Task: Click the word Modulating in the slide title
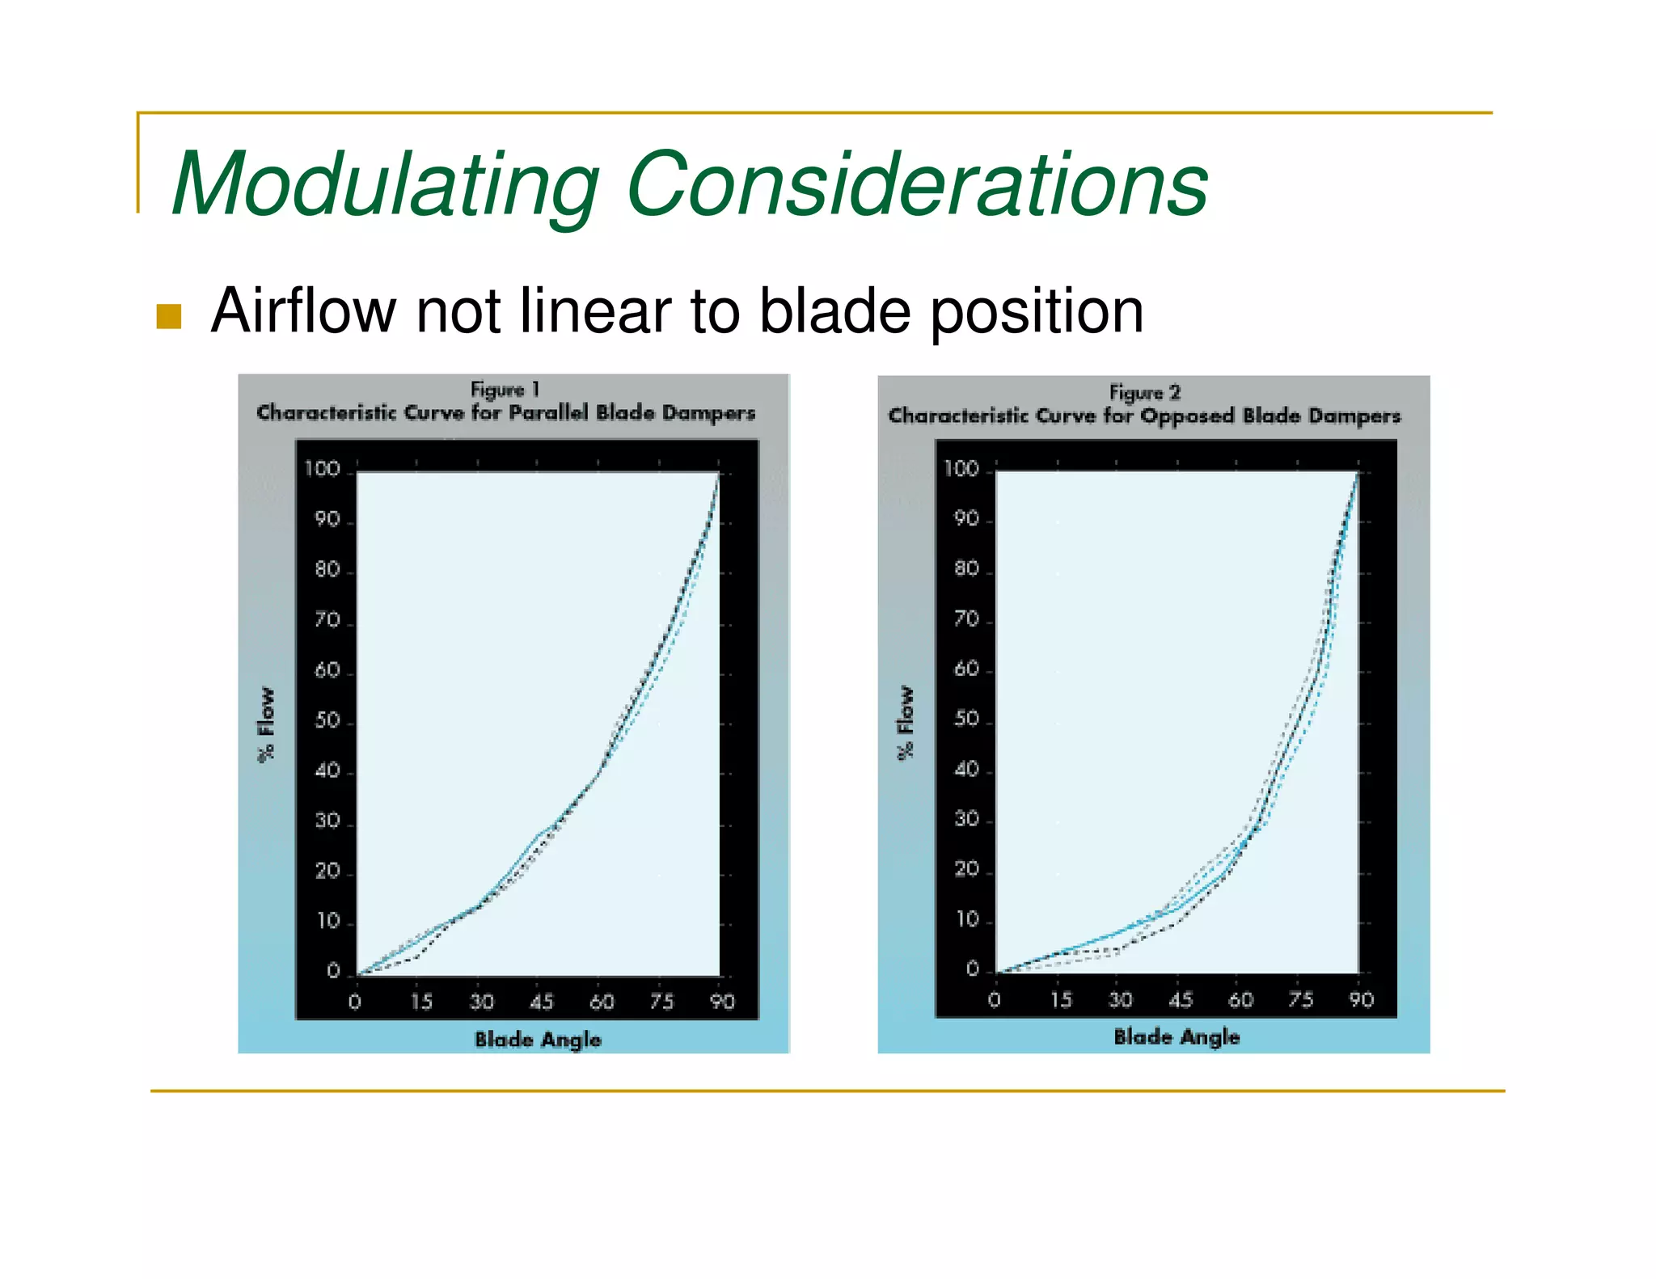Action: [387, 184]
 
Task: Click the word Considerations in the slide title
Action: [916, 184]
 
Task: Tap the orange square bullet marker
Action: [169, 316]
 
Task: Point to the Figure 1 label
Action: [505, 389]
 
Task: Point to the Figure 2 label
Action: [1144, 392]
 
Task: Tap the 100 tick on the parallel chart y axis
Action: [322, 469]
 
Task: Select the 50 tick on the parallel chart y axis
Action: [327, 720]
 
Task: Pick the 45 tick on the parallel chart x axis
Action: [541, 1003]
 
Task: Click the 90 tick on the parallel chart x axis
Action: [722, 1003]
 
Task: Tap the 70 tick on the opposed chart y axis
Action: [966, 619]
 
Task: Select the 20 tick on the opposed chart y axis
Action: [966, 870]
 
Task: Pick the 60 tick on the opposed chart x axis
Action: [1240, 1000]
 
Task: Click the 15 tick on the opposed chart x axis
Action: [1061, 1000]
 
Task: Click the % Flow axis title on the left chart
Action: [266, 724]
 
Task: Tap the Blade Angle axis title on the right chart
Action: [1177, 1036]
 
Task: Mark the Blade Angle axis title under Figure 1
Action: [538, 1039]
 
